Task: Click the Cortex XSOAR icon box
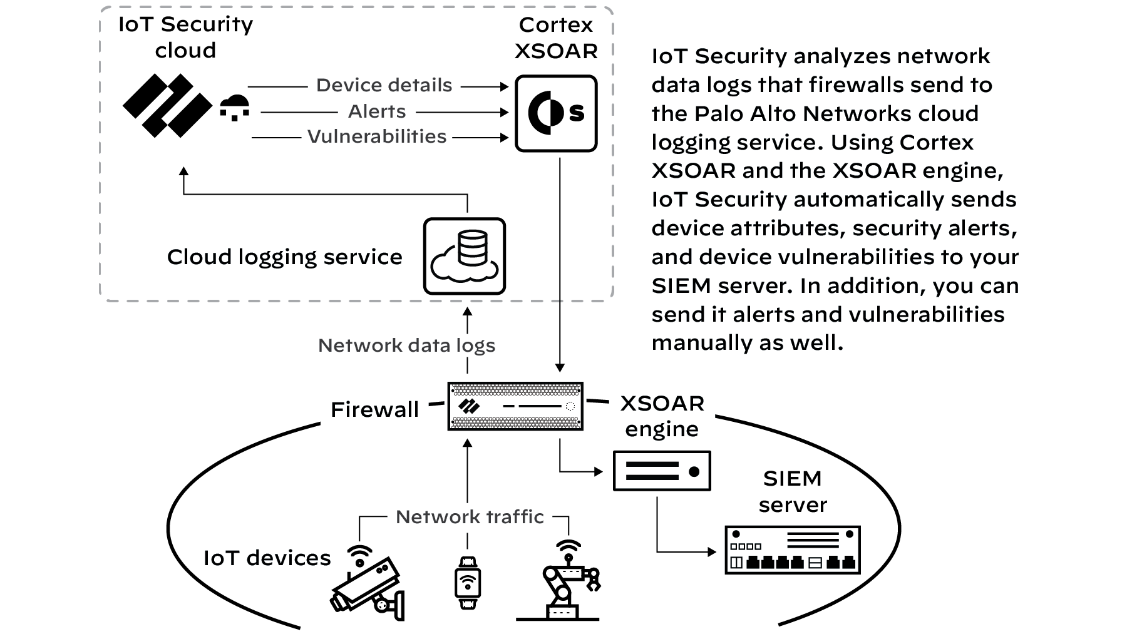(556, 113)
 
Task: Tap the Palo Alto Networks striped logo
(167, 105)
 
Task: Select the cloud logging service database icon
(464, 256)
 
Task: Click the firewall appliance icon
(515, 406)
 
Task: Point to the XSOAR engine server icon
(662, 471)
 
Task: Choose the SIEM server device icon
(793, 550)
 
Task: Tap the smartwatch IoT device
(467, 583)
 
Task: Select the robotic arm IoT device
(567, 585)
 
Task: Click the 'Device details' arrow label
(384, 85)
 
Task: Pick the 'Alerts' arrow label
(377, 111)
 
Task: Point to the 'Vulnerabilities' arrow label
(377, 136)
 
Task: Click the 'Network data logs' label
(406, 345)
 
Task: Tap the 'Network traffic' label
(470, 517)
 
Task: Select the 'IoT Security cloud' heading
(185, 37)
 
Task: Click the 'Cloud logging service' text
(284, 257)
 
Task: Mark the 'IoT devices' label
(267, 558)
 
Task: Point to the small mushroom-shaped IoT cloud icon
(235, 108)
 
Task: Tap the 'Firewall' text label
(374, 409)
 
